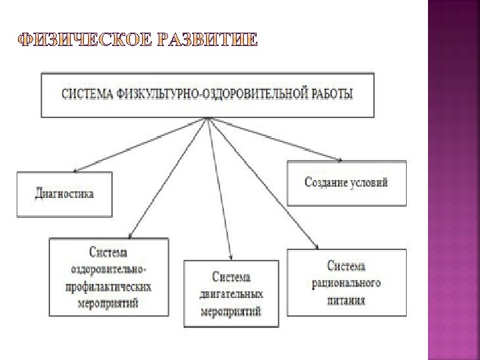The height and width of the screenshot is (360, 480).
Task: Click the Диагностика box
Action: tap(64, 194)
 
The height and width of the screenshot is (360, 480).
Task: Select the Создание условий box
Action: tap(346, 183)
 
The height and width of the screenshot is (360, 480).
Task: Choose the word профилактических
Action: tap(109, 287)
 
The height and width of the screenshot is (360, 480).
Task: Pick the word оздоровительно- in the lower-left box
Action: tap(109, 270)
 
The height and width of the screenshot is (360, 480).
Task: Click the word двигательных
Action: tap(231, 294)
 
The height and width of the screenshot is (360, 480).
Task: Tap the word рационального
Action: tap(346, 283)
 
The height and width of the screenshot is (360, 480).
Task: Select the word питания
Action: tap(346, 300)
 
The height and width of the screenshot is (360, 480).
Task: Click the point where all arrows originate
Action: tap(208, 119)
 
